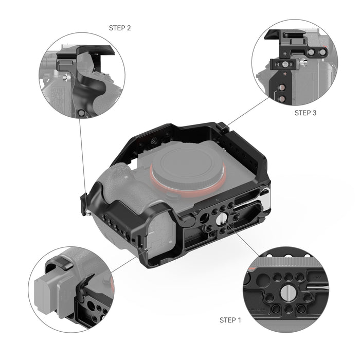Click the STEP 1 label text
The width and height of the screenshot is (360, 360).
(x=230, y=320)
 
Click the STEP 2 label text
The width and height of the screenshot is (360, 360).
(x=120, y=28)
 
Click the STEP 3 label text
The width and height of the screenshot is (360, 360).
(x=305, y=112)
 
